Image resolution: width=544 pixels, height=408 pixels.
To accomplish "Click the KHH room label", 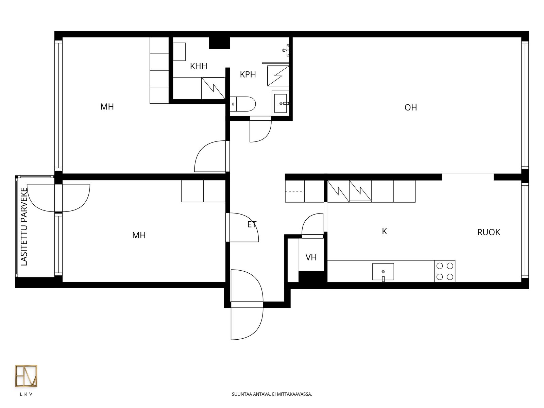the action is [198, 66].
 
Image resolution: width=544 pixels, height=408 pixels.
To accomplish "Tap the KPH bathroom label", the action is [248, 74].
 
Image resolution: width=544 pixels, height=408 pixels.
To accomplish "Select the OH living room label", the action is [410, 107].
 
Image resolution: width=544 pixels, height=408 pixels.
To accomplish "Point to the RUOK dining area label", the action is [489, 232].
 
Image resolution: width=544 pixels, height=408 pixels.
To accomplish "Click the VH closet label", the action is [311, 257].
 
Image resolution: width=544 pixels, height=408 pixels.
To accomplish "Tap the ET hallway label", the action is [252, 224].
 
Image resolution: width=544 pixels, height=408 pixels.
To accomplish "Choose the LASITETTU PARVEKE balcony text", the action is [24, 227].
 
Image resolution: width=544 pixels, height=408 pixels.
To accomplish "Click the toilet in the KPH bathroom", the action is [243, 104].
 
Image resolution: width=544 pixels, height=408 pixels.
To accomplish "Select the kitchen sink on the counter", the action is [383, 272].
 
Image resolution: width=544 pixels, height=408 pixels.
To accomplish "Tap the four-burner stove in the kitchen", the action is [445, 271].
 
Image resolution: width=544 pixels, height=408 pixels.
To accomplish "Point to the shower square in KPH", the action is [278, 76].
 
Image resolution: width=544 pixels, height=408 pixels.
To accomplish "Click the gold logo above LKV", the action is [26, 376].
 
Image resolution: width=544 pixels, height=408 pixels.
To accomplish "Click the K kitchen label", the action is [384, 232].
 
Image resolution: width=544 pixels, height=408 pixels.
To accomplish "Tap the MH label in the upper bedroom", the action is [107, 107].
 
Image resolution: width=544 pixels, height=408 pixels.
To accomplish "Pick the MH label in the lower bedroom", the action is [139, 235].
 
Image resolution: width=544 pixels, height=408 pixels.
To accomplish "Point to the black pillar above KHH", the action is [219, 43].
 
